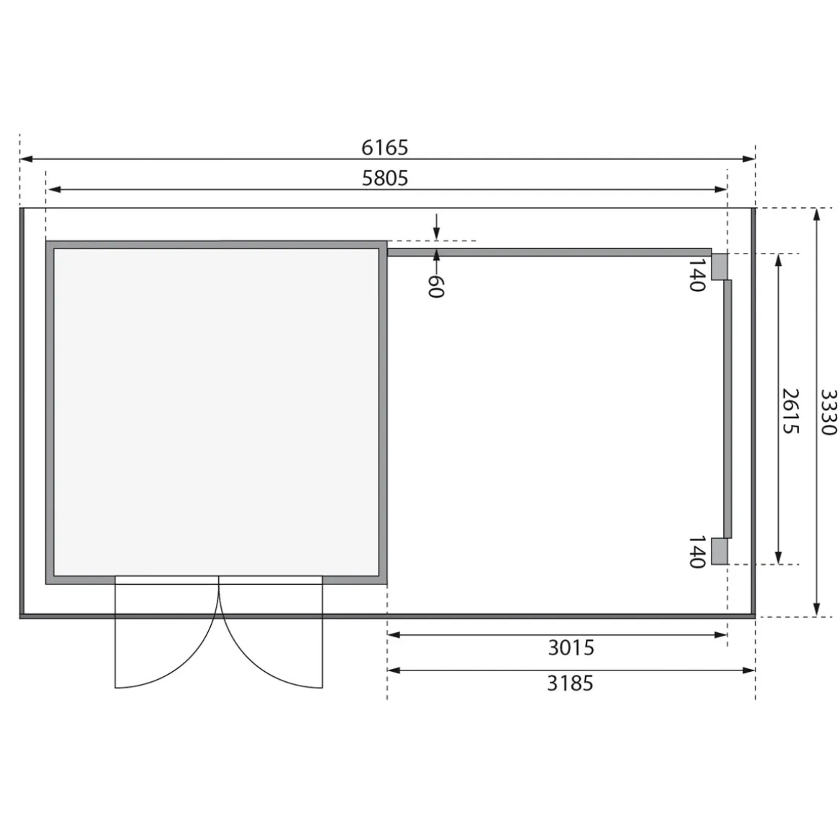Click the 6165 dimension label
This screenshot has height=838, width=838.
tap(384, 147)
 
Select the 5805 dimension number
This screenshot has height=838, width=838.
tap(385, 178)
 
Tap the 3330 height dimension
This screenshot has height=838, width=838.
tap(828, 412)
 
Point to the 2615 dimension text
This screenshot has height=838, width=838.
tap(790, 411)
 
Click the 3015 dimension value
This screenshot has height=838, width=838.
tap(571, 648)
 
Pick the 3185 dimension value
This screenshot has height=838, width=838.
tap(570, 683)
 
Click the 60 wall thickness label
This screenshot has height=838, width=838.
tap(436, 286)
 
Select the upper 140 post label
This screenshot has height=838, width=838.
tap(696, 275)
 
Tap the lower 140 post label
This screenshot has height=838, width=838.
tap(696, 552)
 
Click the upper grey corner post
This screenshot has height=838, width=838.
tap(720, 266)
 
